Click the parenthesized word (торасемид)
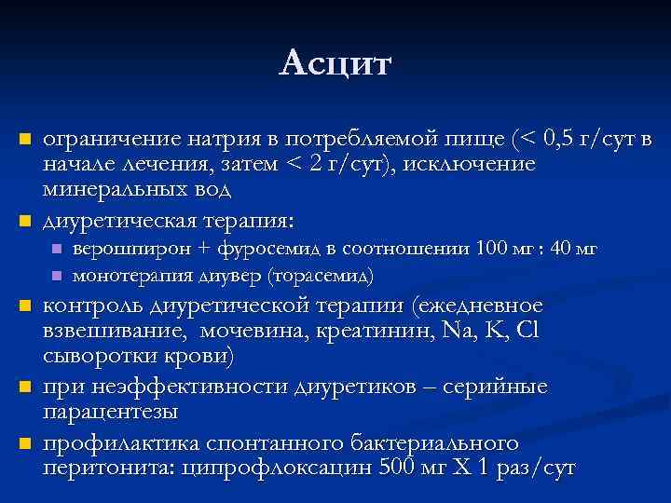click(x=321, y=276)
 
